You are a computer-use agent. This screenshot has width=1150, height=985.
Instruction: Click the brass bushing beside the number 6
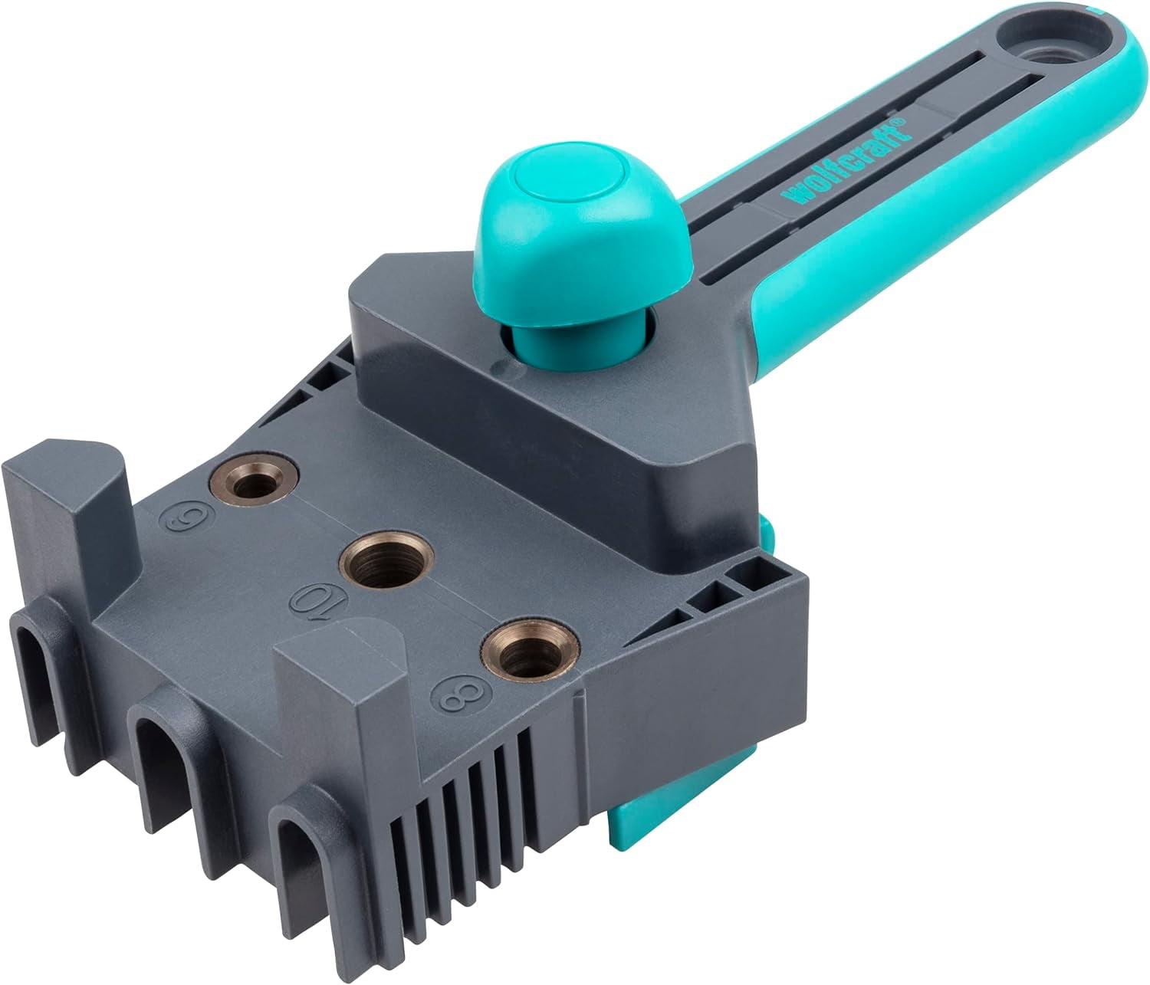pyautogui.click(x=253, y=484)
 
